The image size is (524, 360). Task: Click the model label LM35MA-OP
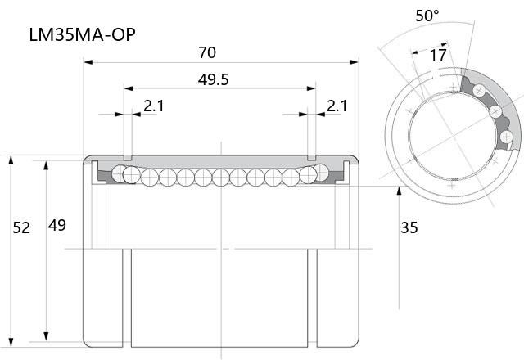(x=82, y=34)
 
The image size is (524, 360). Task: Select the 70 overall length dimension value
(x=207, y=52)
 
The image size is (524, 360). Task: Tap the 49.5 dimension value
(x=213, y=79)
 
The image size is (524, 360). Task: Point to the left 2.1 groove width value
(x=154, y=106)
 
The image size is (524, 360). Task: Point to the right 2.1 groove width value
(x=337, y=106)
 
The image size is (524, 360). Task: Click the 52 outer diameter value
(x=21, y=227)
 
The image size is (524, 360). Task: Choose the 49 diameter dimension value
(x=57, y=226)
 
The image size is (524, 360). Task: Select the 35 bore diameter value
(x=409, y=227)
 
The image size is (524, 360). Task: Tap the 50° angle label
(x=427, y=16)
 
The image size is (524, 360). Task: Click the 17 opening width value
(x=438, y=55)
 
